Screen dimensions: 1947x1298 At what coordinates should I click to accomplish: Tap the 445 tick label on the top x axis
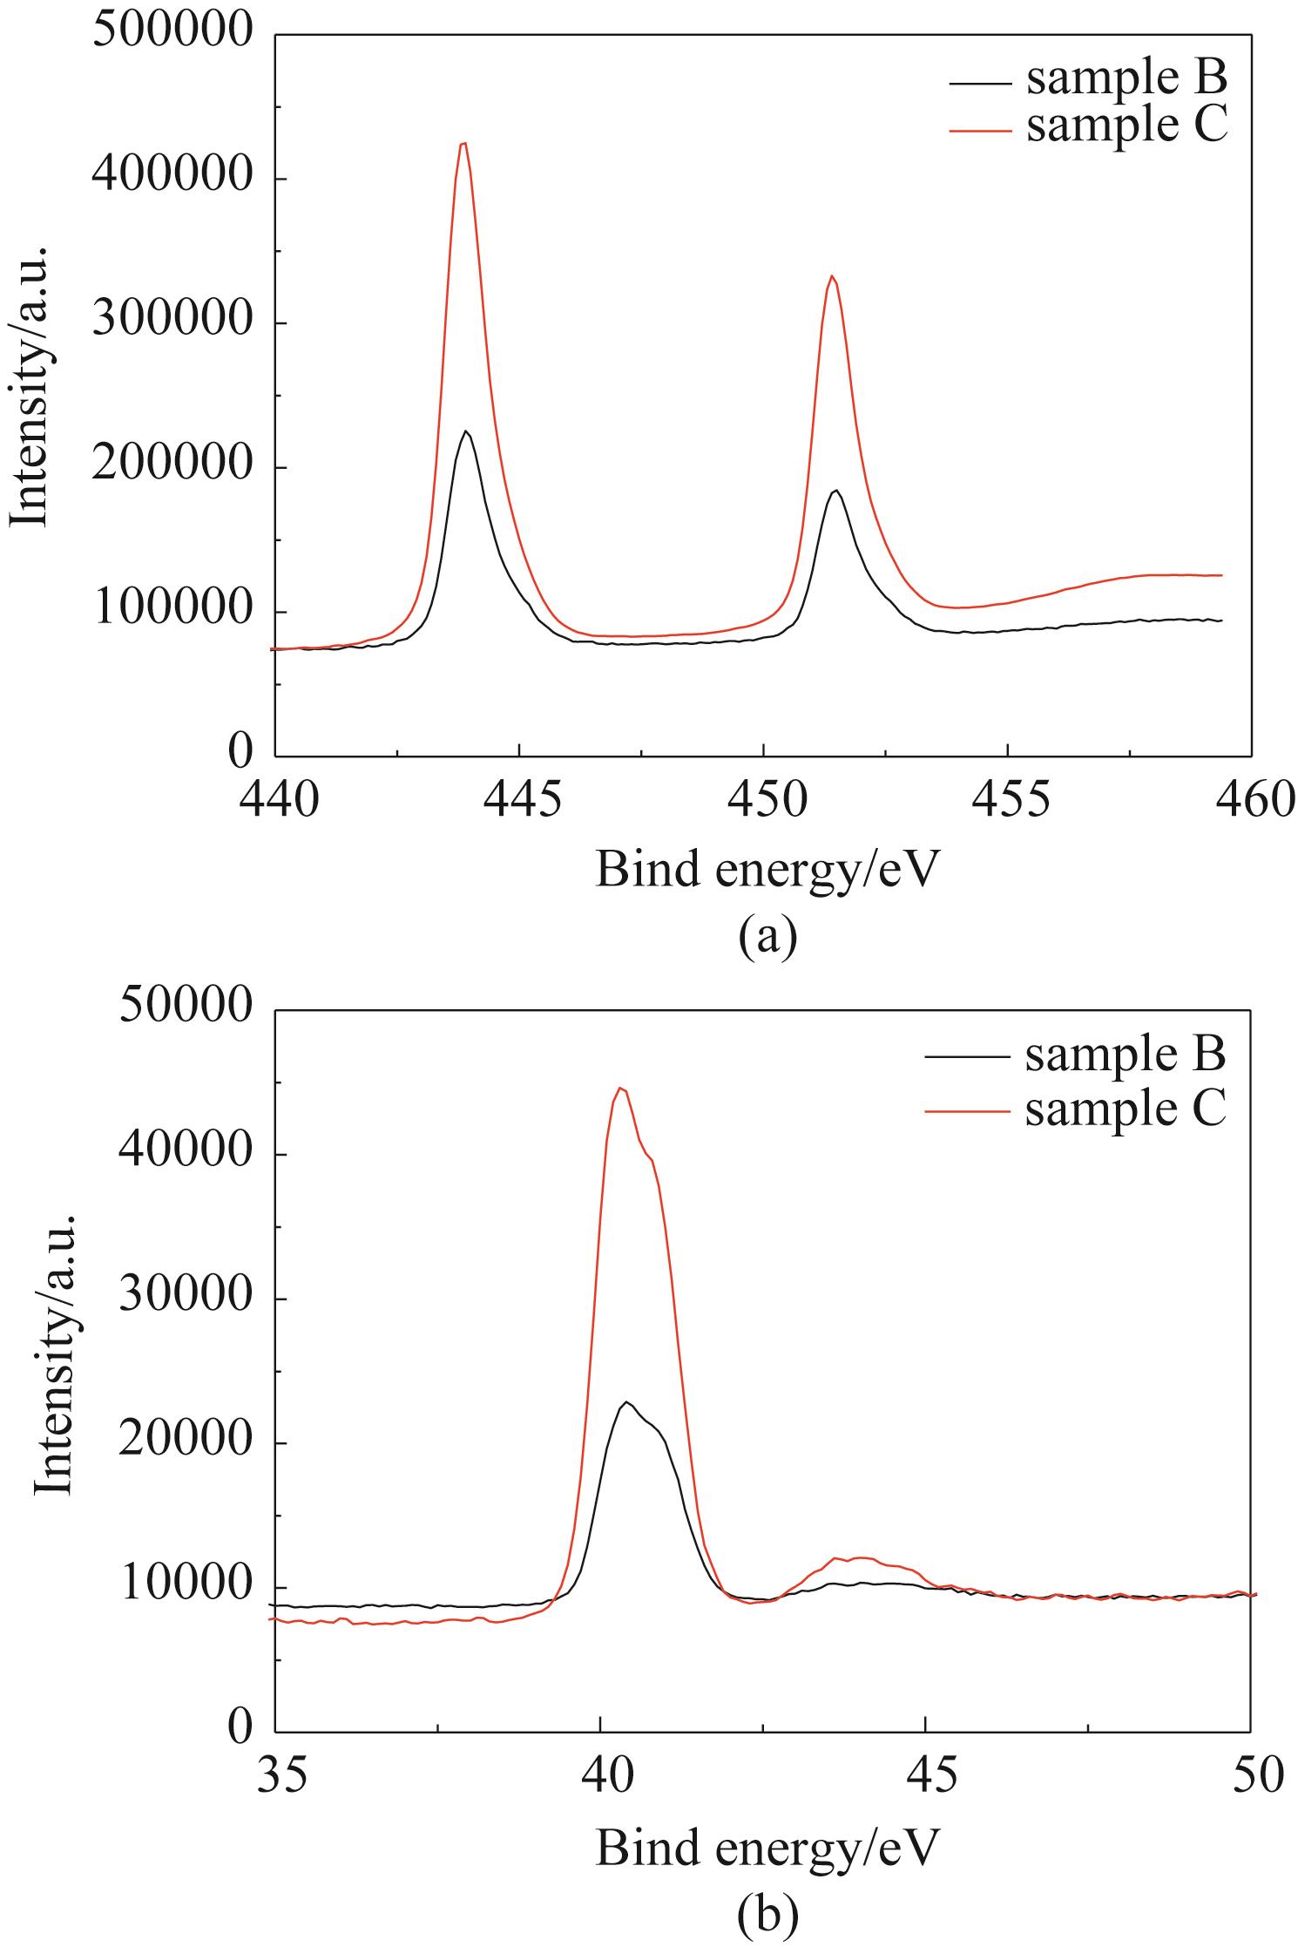519,798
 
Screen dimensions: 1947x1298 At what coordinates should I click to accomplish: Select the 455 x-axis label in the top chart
1007,798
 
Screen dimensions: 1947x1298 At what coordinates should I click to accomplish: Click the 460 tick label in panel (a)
1251,798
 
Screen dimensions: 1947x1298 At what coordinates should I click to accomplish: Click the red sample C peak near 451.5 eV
833,277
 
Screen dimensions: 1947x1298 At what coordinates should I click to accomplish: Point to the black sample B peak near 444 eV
467,431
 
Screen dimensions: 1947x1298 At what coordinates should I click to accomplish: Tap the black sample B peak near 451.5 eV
836,491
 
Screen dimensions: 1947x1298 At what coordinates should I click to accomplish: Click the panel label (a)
767,938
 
